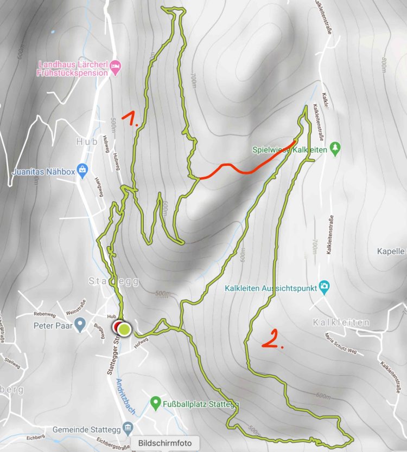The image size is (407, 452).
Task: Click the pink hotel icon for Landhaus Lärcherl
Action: pyautogui.click(x=115, y=67)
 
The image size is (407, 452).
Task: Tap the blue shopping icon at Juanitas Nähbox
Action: pyautogui.click(x=82, y=169)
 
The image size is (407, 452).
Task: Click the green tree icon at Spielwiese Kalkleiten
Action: pyautogui.click(x=336, y=147)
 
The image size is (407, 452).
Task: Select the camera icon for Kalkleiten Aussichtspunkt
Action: pyautogui.click(x=324, y=286)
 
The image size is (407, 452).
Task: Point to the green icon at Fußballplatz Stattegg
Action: pyautogui.click(x=155, y=403)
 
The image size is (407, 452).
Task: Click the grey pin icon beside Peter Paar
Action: pyautogui.click(x=80, y=326)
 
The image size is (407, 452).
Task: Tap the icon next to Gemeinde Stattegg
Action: pyautogui.click(x=127, y=429)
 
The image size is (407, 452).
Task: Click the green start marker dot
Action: pyautogui.click(x=124, y=328)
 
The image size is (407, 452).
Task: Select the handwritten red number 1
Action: pyautogui.click(x=130, y=119)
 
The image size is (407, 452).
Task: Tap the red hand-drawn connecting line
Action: pyautogui.click(x=244, y=169)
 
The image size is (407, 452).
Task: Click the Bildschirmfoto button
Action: pyautogui.click(x=165, y=443)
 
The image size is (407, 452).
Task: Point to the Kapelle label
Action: pyautogui.click(x=391, y=251)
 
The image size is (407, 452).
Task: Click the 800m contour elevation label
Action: pyautogui.click(x=383, y=66)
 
